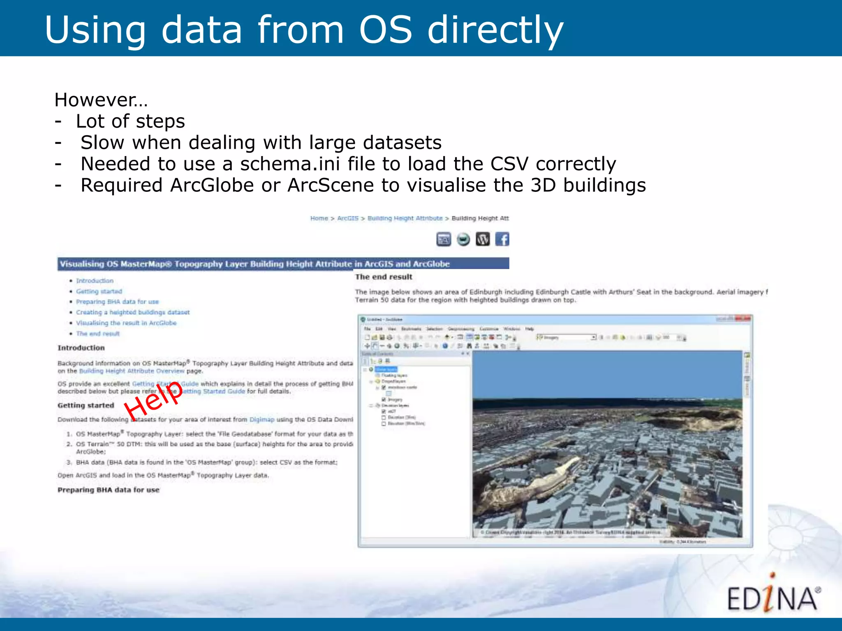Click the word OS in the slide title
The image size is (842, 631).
pyautogui.click(x=385, y=30)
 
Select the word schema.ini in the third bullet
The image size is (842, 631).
pyautogui.click(x=290, y=164)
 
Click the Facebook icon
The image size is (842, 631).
pyautogui.click(x=502, y=239)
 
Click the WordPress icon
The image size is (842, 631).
pyautogui.click(x=483, y=239)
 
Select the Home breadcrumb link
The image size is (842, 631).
pyautogui.click(x=319, y=218)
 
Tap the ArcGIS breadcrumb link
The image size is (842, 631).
pyautogui.click(x=348, y=218)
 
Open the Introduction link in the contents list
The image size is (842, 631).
pyautogui.click(x=95, y=281)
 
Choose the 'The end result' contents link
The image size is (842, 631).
pyautogui.click(x=98, y=334)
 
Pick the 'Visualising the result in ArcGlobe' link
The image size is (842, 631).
pyautogui.click(x=126, y=323)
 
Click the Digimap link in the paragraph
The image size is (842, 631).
pyautogui.click(x=262, y=419)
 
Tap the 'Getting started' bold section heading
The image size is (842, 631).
pyautogui.click(x=86, y=405)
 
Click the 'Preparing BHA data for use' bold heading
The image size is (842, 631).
pyautogui.click(x=109, y=490)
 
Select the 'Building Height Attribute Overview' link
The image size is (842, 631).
pyautogui.click(x=132, y=371)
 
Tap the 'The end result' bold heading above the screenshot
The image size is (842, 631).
pyautogui.click(x=384, y=277)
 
